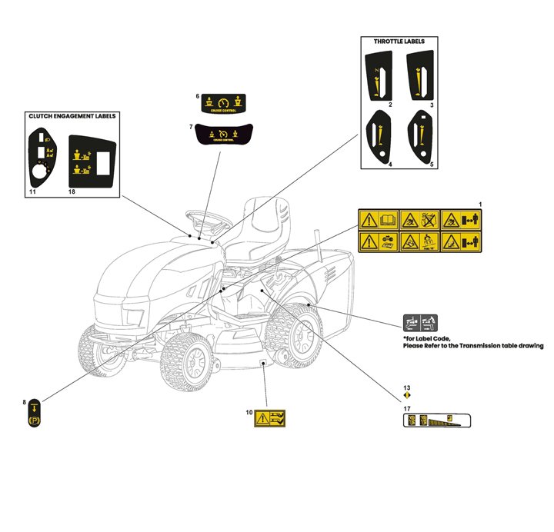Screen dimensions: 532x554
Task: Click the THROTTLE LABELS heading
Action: point(399,41)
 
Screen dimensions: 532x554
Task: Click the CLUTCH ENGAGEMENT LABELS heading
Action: point(72,116)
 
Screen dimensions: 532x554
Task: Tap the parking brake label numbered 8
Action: point(35,416)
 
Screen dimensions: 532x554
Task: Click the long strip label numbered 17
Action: point(437,421)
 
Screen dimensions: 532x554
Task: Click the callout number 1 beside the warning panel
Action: point(480,204)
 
